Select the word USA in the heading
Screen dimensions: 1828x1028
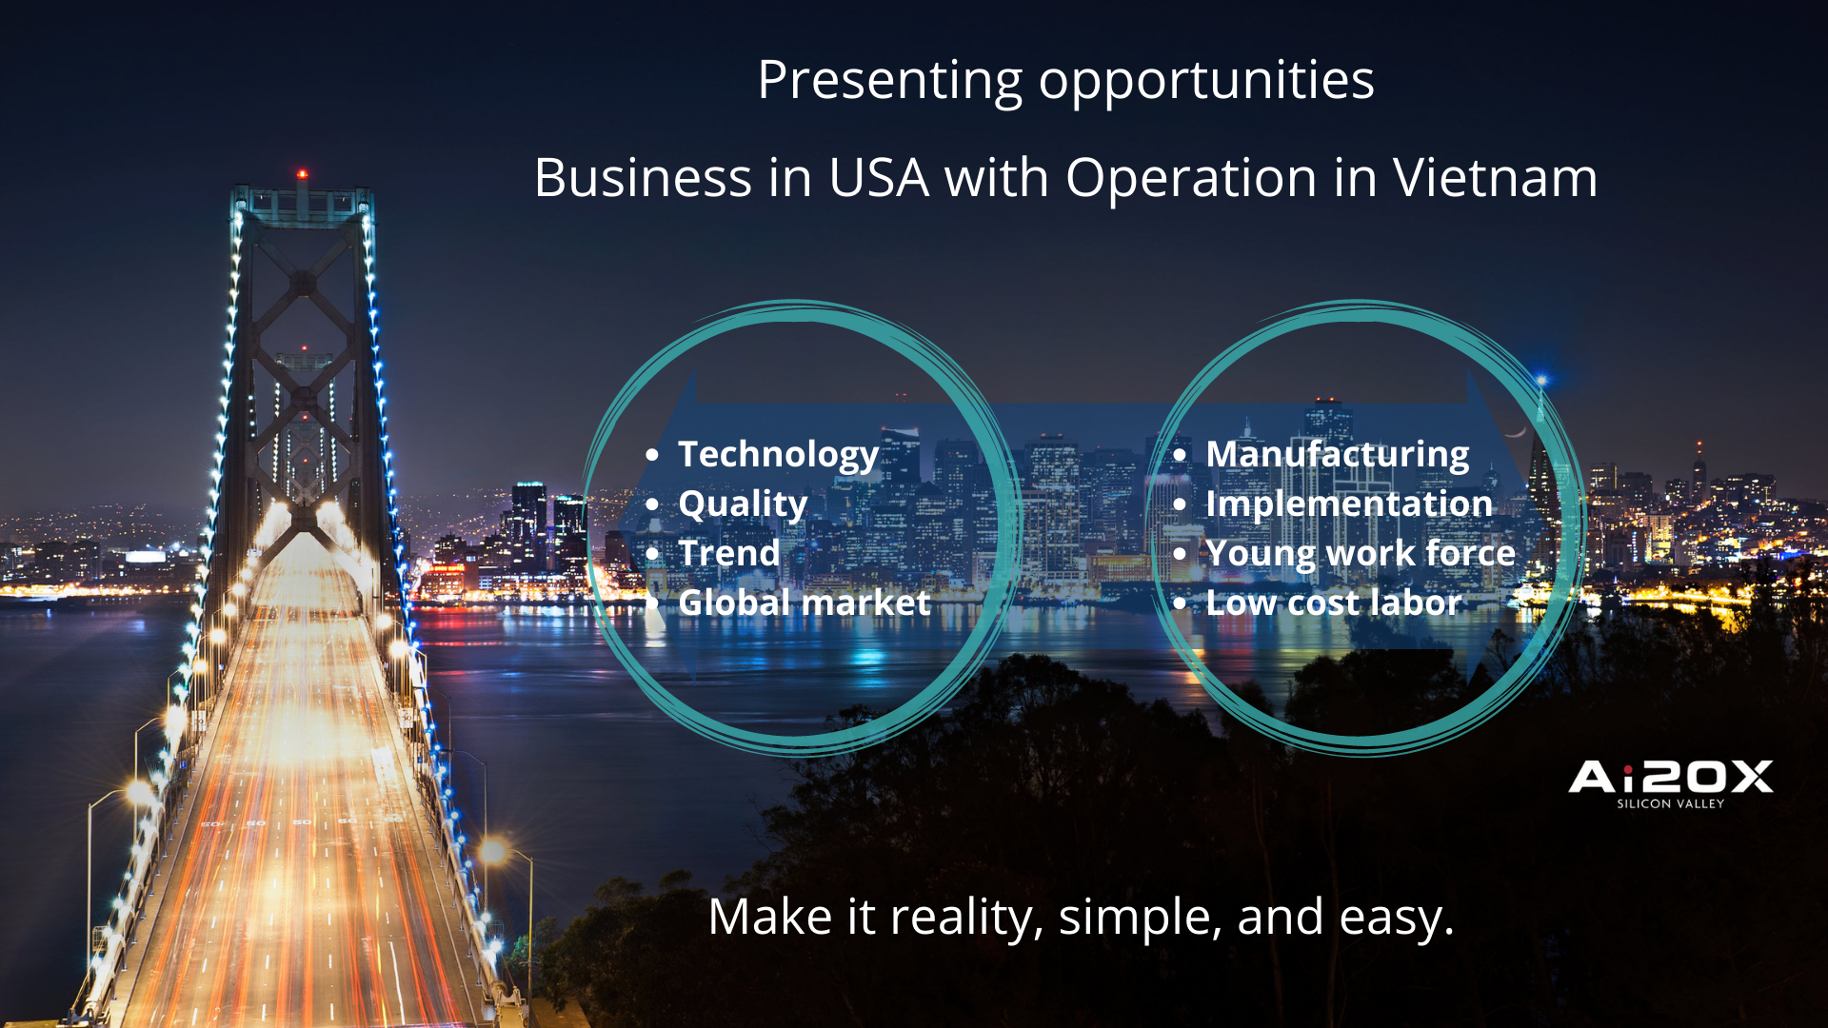point(879,178)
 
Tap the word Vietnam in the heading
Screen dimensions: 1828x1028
point(1496,178)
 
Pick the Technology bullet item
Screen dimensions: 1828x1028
point(778,456)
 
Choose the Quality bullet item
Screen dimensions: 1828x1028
point(743,505)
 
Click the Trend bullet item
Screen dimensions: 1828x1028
point(729,553)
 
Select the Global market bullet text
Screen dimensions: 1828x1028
point(805,603)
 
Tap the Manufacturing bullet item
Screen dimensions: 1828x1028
point(1338,456)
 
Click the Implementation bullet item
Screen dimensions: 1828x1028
point(1349,505)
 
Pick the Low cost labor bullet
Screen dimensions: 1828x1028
point(1333,603)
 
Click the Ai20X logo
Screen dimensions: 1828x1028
point(1671,777)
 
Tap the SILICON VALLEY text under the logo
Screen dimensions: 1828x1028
point(1671,804)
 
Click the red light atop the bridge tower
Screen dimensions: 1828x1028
point(302,174)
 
